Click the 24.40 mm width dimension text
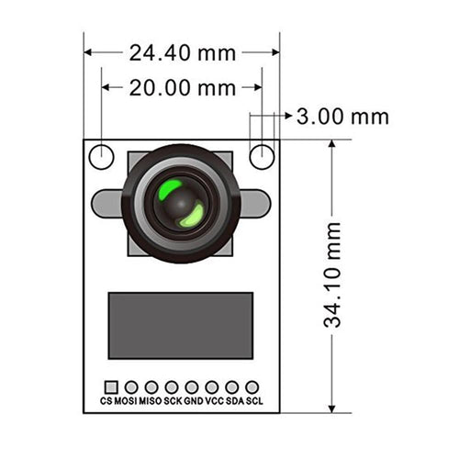click(182, 52)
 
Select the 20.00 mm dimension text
click(182, 88)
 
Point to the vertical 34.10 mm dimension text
click(332, 274)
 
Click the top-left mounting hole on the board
click(101, 157)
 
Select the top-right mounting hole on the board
click(263, 157)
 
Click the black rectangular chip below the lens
click(181, 326)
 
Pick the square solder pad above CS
click(111, 387)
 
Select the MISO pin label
click(151, 402)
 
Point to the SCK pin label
click(173, 402)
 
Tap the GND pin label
click(193, 402)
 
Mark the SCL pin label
click(253, 402)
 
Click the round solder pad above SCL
click(252, 387)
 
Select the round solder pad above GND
click(192, 387)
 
